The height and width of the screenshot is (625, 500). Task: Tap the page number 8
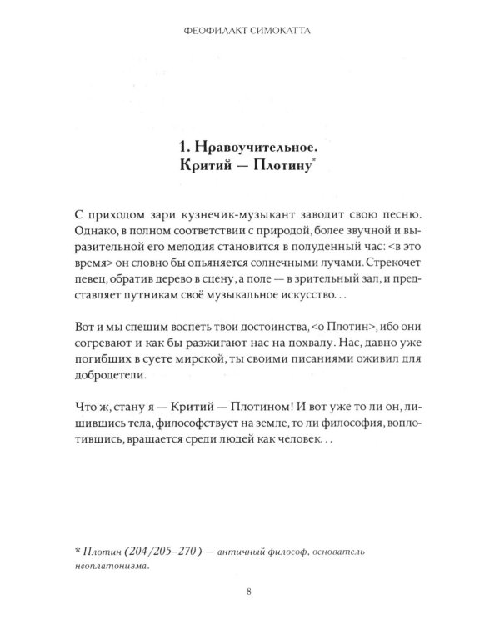coord(250,592)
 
